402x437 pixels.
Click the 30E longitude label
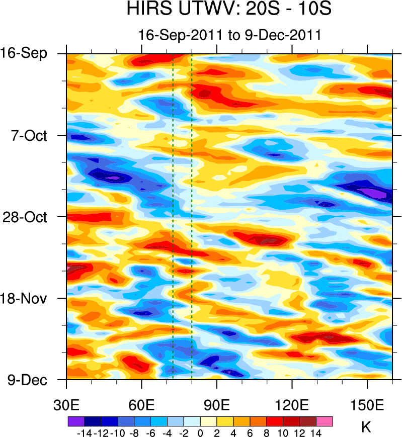67,405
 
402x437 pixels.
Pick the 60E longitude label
142,405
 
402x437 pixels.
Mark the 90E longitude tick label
217,405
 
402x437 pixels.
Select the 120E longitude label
292,405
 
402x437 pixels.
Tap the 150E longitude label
367,405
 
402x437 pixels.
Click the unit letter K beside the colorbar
366,427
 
